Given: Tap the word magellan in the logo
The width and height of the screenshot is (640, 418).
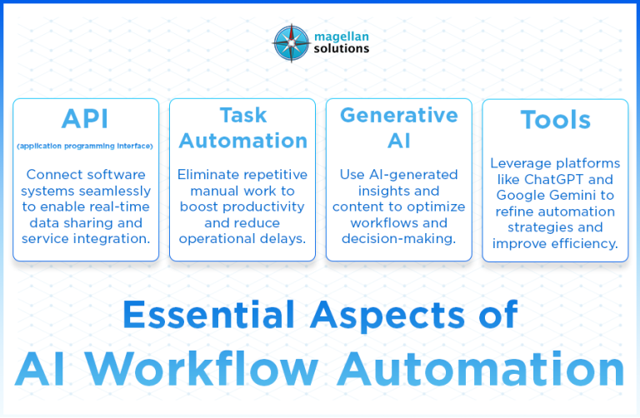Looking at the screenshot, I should (337, 34).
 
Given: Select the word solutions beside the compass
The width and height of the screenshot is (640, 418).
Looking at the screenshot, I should (336, 48).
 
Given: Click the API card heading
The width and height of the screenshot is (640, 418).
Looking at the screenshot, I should (85, 117).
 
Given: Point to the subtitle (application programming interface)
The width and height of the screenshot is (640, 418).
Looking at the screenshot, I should (85, 147).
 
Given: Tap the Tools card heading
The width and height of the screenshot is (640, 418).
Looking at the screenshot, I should (555, 120).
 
